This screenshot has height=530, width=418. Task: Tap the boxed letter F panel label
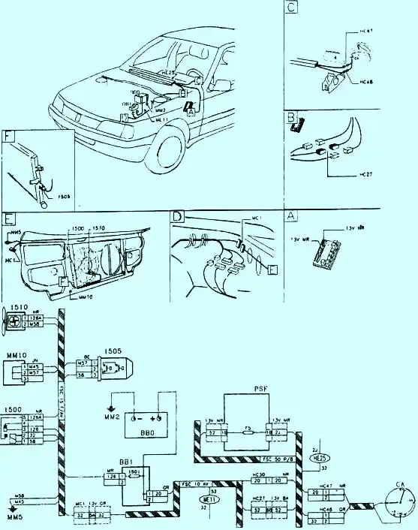point(9,137)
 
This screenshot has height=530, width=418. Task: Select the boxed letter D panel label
point(178,216)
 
